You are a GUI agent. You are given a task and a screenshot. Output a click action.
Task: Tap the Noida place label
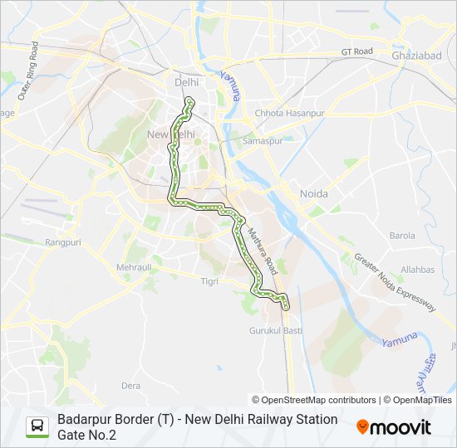pyautogui.click(x=313, y=193)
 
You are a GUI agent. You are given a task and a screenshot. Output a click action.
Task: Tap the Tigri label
pyautogui.click(x=209, y=281)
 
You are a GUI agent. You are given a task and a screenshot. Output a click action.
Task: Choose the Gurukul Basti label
pyautogui.click(x=276, y=330)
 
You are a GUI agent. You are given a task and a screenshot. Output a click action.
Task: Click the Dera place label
pyautogui.click(x=130, y=386)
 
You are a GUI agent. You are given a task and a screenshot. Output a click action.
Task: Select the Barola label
pyautogui.click(x=401, y=236)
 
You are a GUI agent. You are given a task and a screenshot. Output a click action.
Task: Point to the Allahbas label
pyautogui.click(x=417, y=270)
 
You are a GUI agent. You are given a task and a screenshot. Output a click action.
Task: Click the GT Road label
pyautogui.click(x=356, y=51)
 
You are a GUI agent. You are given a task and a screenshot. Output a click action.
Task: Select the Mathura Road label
pyautogui.click(x=263, y=241)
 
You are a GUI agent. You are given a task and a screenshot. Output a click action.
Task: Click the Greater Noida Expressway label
pyautogui.click(x=395, y=282)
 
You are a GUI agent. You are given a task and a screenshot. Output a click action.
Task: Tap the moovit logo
pyautogui.click(x=394, y=427)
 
